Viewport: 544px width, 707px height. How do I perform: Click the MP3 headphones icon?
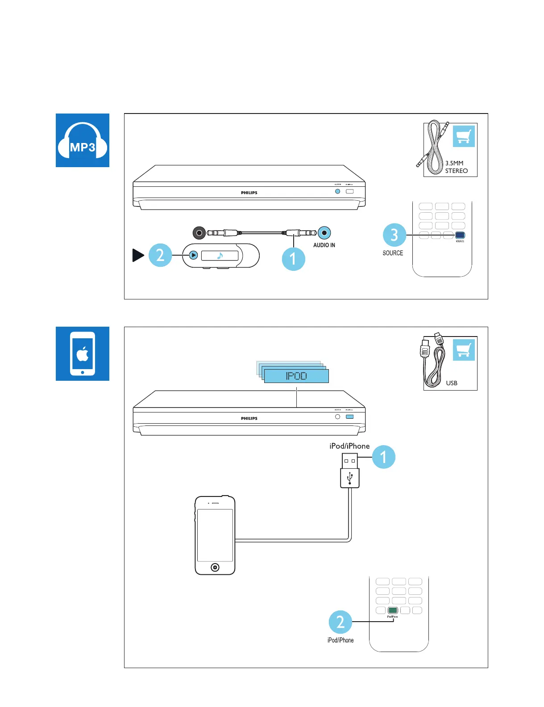point(83,140)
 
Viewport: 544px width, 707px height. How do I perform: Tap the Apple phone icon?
point(83,353)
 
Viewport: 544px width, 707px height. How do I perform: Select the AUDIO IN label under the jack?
point(324,245)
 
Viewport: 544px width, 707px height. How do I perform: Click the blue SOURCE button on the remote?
point(460,235)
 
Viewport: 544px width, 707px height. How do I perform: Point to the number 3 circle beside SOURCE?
point(394,235)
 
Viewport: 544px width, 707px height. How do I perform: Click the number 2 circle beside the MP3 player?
point(160,255)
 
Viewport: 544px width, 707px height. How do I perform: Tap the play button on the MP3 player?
point(193,255)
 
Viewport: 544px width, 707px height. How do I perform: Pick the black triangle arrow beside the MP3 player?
point(138,255)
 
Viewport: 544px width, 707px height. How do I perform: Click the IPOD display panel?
point(296,376)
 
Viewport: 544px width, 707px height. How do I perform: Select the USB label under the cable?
point(452,383)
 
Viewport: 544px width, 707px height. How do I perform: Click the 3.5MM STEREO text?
point(456,167)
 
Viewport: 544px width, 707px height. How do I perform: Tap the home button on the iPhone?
point(215,568)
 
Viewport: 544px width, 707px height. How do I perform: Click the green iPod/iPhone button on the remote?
point(393,610)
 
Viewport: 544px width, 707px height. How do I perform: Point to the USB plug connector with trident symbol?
point(350,477)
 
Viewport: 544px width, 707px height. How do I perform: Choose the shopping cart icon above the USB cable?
point(464,350)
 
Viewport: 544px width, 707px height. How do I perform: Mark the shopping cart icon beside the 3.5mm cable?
point(464,136)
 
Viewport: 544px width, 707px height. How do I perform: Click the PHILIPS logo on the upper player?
point(249,193)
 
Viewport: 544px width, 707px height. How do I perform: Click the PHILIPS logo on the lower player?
point(249,419)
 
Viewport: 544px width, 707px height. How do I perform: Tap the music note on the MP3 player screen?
point(220,256)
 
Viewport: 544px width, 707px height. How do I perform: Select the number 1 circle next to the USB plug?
point(383,457)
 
